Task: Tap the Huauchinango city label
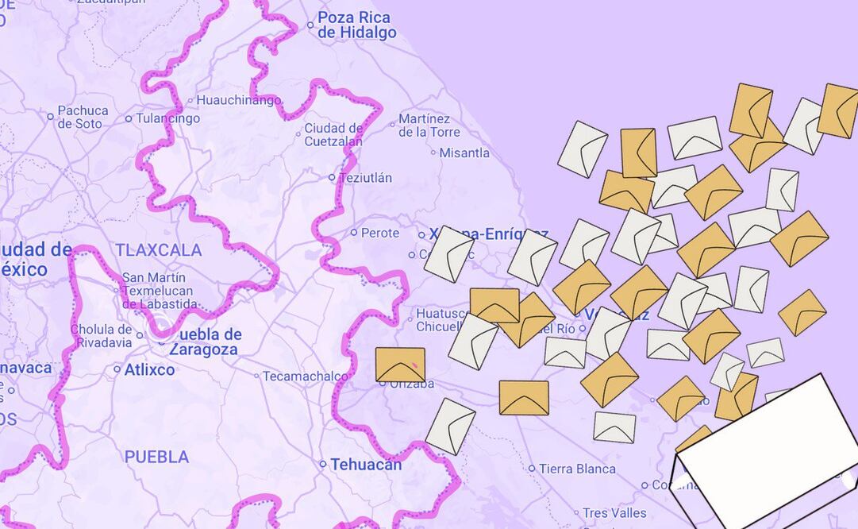click(x=238, y=100)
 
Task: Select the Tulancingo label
click(x=168, y=118)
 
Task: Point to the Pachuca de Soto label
click(x=82, y=117)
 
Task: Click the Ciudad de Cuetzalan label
click(x=333, y=134)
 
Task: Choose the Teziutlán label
click(x=365, y=178)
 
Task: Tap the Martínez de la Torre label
click(x=429, y=125)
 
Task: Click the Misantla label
click(x=464, y=153)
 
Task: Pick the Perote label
click(x=379, y=233)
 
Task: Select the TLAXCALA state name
click(x=158, y=250)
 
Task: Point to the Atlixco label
click(x=149, y=369)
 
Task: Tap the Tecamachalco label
click(x=305, y=376)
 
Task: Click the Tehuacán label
click(x=366, y=464)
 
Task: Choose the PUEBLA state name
click(x=156, y=457)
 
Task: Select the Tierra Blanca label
click(x=576, y=469)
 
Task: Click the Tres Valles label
click(x=614, y=513)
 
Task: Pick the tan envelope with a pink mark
click(x=400, y=365)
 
